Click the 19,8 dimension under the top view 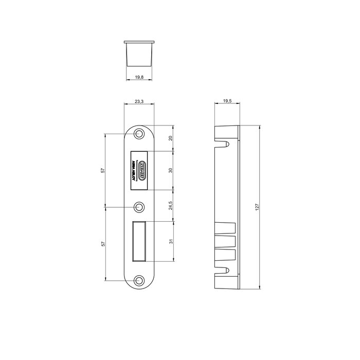click(x=139, y=77)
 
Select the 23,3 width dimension click(x=139, y=102)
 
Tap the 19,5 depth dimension click(x=227, y=102)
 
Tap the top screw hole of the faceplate click(x=139, y=134)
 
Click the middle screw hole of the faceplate click(x=139, y=207)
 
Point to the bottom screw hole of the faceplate click(x=139, y=280)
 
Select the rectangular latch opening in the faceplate click(x=140, y=241)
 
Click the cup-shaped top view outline click(x=139, y=52)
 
